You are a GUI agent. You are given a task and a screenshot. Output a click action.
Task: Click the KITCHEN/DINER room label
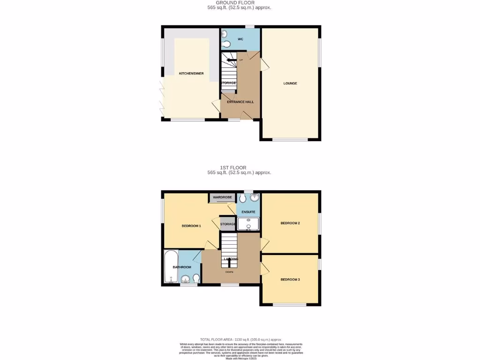[x=191, y=74]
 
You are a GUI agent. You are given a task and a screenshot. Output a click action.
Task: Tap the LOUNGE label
[x=290, y=83]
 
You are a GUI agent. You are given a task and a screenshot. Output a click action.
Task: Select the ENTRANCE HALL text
[x=240, y=102]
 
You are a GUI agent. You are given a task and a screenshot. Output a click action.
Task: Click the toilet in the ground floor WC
[x=227, y=45]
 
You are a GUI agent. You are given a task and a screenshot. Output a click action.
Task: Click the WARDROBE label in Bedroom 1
[x=222, y=197]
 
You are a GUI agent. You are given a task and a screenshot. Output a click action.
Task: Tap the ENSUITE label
[x=248, y=212]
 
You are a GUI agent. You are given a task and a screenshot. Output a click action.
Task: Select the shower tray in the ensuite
[x=248, y=225]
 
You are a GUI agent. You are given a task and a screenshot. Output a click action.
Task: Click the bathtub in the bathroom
[x=171, y=267]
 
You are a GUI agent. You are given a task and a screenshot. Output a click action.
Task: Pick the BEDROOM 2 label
[x=290, y=223]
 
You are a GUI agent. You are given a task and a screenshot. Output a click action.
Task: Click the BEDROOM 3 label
[x=290, y=279]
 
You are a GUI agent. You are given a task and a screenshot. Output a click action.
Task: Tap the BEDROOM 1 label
[x=191, y=226]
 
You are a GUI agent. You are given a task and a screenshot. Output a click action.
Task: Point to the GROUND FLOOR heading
[x=239, y=3]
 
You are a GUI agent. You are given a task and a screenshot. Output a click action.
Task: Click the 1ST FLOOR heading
[x=233, y=168]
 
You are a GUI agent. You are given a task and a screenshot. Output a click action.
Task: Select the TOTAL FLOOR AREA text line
[x=240, y=339]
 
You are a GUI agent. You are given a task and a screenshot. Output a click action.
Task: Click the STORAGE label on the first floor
[x=228, y=224]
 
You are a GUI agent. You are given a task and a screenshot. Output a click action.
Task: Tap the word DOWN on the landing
[x=230, y=271]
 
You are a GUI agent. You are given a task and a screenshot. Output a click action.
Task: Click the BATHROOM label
[x=182, y=267]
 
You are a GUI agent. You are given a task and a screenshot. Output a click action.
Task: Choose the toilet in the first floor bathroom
[x=195, y=279]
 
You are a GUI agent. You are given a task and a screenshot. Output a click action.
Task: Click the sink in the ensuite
[x=254, y=197]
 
